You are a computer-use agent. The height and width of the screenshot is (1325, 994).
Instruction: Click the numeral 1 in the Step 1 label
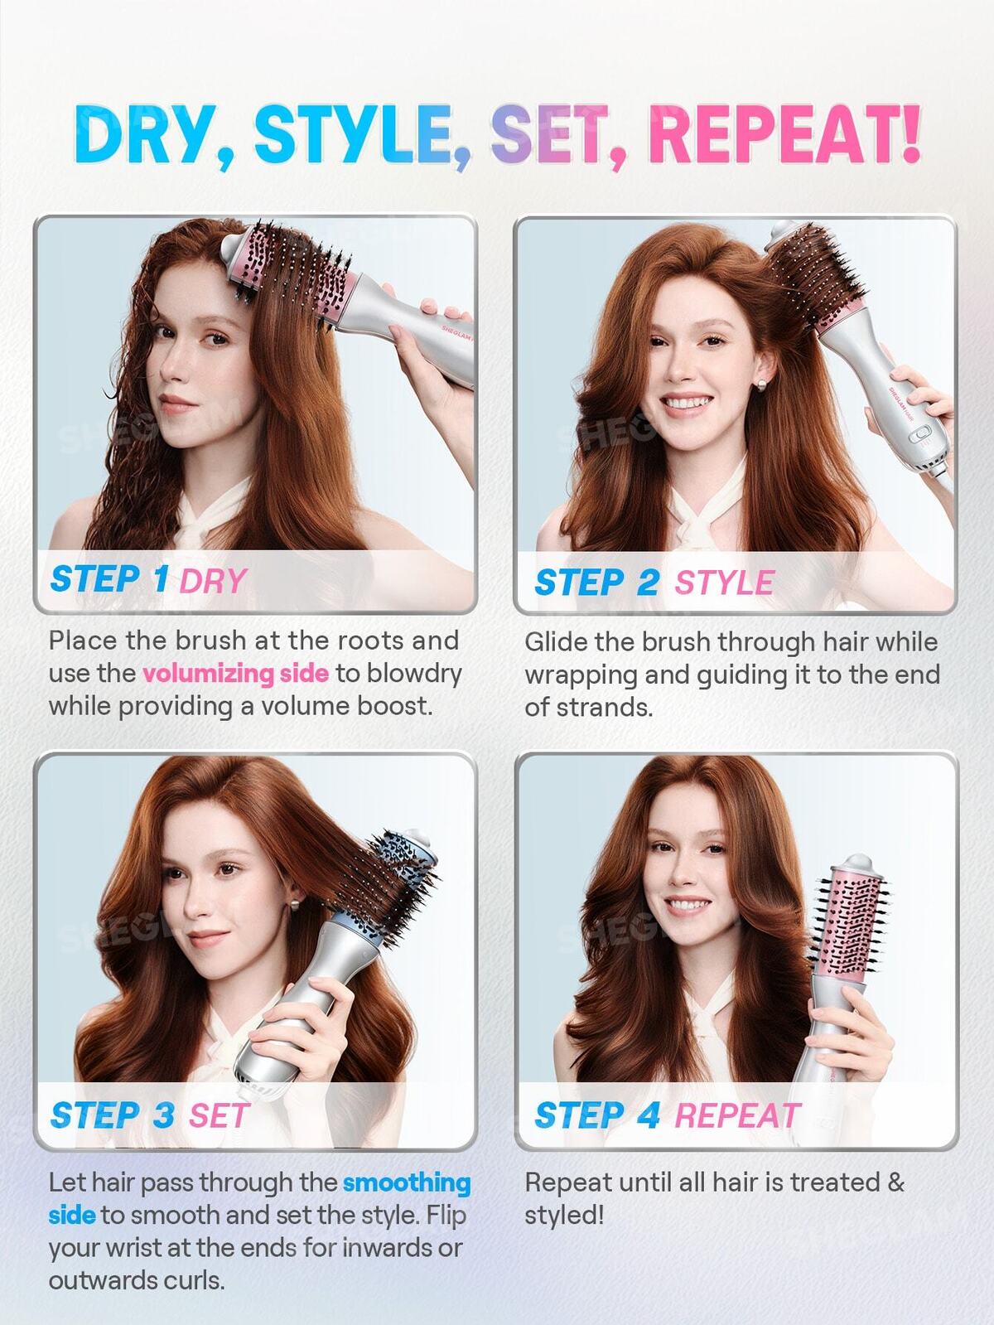coord(161,578)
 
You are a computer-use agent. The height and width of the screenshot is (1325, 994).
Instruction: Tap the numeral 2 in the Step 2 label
coord(647,582)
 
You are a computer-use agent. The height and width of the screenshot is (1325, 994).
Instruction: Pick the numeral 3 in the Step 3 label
coord(163,1115)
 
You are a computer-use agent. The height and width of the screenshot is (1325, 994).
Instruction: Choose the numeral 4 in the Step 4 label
coord(648,1115)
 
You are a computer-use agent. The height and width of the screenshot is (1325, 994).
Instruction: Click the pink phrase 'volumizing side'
coord(235,673)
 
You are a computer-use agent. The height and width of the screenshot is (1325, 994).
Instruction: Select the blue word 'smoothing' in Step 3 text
coord(407,1182)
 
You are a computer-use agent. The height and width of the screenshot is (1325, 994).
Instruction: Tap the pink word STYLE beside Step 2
coord(724,582)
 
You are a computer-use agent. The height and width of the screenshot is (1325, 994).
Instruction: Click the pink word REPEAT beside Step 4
coord(737,1115)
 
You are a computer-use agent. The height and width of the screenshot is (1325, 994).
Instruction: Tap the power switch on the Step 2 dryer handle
coord(920,433)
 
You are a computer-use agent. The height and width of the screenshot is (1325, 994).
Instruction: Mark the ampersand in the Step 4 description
coord(896,1182)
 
